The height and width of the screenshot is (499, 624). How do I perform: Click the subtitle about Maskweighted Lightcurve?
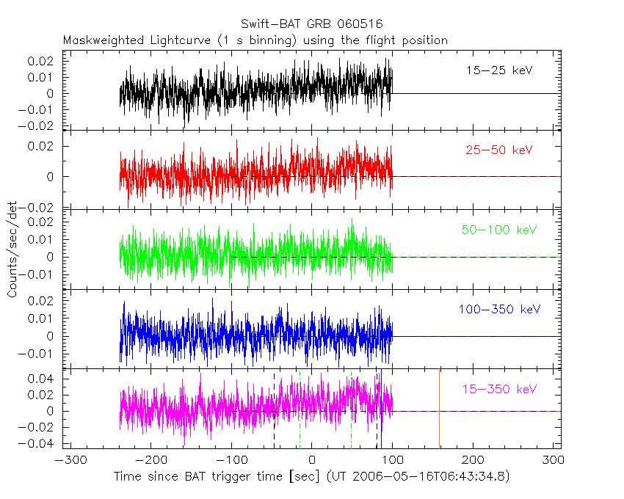[255, 40]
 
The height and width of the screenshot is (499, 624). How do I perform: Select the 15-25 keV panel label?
[499, 70]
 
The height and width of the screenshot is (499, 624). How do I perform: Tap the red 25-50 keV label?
[499, 150]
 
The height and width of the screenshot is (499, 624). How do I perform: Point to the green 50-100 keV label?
[498, 230]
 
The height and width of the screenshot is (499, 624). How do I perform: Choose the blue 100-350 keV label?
[496, 310]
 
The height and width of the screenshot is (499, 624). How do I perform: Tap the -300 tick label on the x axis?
[68, 462]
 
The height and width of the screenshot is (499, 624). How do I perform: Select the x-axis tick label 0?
[312, 462]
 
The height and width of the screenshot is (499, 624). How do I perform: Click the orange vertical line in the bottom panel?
[440, 407]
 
